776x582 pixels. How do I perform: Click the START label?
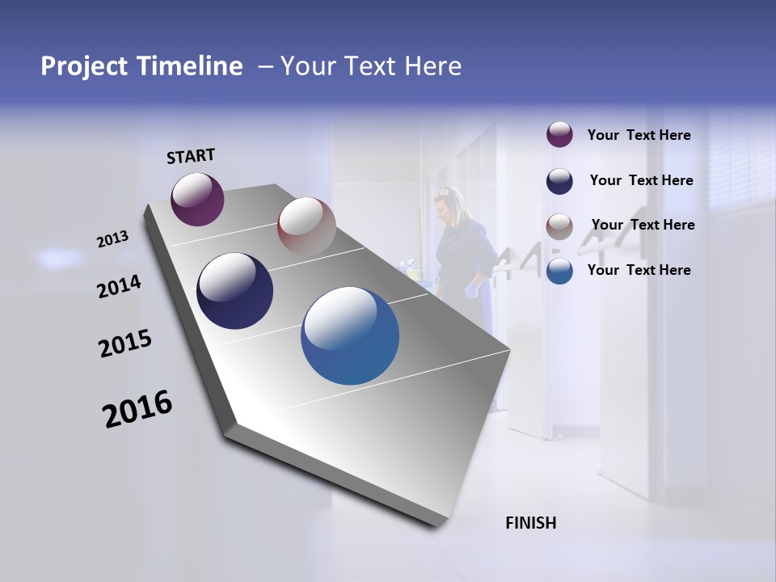coord(191,156)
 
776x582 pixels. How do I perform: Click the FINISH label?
coord(530,523)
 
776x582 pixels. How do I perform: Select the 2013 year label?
coord(112,239)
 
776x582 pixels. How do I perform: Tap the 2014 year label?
coord(119,287)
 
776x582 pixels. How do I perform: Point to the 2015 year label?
coord(125,344)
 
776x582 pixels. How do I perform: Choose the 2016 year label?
coord(137,409)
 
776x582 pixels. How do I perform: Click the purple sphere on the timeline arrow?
coord(197,199)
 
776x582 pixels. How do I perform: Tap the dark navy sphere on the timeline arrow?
coord(234,291)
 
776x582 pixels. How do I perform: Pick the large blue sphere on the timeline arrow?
coord(350,335)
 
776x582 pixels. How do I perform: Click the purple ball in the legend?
coord(559,135)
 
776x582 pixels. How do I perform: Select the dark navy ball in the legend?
coord(559,181)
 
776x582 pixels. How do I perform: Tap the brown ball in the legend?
coord(559,226)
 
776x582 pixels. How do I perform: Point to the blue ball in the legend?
coord(559,271)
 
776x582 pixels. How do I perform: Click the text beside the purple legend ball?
coord(639,136)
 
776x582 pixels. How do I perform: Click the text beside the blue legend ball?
coord(639,270)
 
